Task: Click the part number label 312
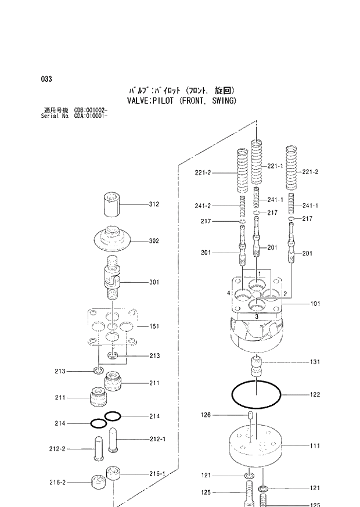[x=153, y=204]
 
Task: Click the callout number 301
[x=153, y=283]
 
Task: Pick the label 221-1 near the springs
[x=275, y=166]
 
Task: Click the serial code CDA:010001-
[x=91, y=115]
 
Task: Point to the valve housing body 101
[x=255, y=325]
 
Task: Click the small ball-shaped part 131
[x=256, y=367]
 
